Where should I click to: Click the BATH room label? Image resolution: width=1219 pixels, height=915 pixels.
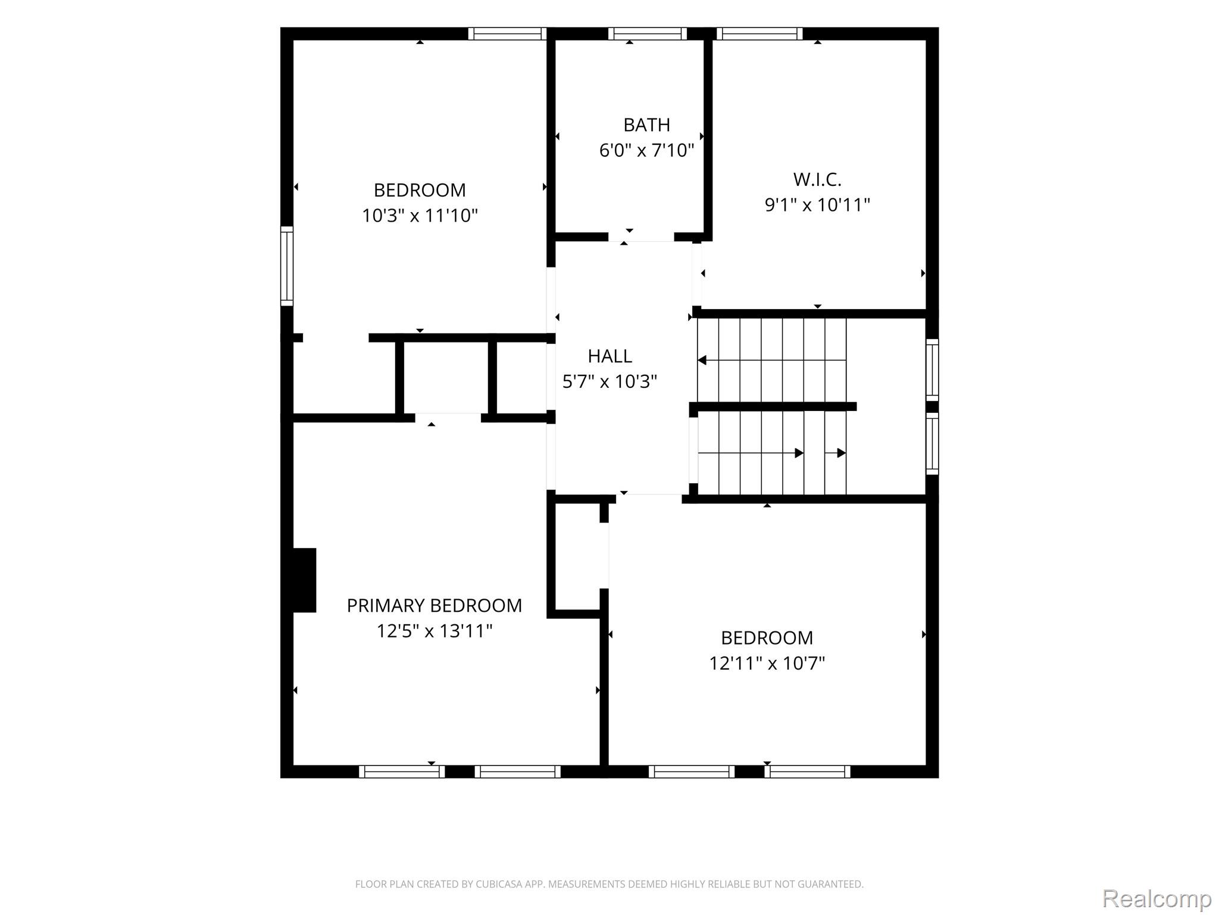646,125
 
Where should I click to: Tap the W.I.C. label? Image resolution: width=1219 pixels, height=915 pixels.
817,179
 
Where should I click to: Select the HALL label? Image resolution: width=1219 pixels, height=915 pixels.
609,356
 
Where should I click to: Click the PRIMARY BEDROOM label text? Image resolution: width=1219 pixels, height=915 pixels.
435,606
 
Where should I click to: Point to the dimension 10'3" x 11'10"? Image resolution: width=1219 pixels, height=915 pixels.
420,215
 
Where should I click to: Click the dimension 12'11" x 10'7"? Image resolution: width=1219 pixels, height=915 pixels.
767,663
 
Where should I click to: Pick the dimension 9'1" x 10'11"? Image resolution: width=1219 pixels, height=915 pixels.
817,205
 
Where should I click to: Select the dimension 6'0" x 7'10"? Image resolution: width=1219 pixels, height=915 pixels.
646,150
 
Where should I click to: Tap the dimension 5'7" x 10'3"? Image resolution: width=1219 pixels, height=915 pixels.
609,381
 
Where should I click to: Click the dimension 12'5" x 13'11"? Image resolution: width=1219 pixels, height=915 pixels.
435,631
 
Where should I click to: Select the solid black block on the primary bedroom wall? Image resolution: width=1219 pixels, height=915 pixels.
304,580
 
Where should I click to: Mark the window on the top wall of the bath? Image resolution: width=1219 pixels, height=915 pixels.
648,34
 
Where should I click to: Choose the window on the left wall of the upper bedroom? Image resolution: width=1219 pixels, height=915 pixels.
287,266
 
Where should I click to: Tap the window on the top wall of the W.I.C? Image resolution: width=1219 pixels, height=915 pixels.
759,34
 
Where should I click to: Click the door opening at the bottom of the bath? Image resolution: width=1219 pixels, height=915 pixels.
641,237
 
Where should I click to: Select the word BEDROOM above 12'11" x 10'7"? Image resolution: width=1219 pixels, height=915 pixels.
767,638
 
